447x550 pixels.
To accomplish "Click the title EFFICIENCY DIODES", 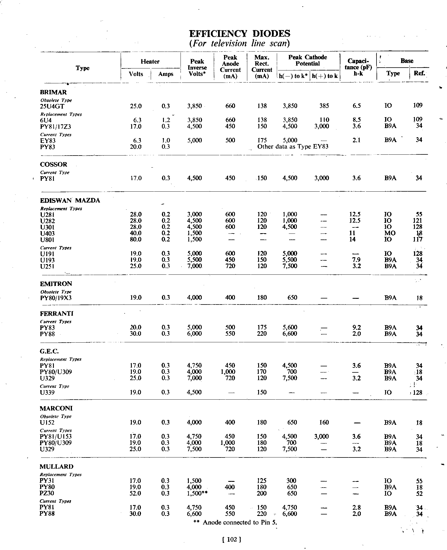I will point(240,34).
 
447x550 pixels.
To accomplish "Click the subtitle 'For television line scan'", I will point(240,44).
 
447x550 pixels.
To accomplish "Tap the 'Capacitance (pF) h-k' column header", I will point(358,67).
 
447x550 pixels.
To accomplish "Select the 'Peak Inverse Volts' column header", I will point(197,68).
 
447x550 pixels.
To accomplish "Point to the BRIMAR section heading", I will point(53,92).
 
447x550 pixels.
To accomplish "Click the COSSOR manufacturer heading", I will point(54,164).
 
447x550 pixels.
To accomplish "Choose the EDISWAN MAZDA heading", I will point(70,201).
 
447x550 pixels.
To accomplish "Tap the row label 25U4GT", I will point(52,106).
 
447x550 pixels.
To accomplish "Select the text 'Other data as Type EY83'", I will point(293,147).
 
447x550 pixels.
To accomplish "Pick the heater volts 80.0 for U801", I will point(136,239).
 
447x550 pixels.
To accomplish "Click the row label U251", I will point(47,266).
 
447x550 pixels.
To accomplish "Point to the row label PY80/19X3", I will point(56,298).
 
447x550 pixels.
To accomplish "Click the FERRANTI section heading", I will point(57,314).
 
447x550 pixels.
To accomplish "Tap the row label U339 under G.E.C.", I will point(48,392).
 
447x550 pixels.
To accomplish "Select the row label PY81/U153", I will point(56,437).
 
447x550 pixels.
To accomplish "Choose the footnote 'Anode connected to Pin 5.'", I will point(236,522).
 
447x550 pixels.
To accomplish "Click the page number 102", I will point(232,540).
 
